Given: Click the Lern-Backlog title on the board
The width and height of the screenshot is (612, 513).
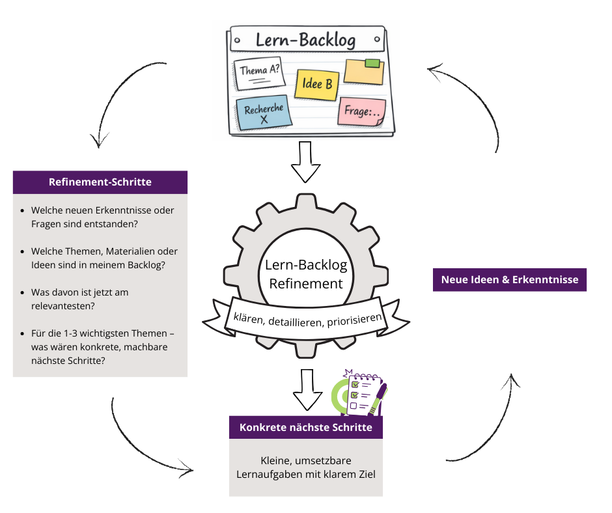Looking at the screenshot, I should (x=305, y=41).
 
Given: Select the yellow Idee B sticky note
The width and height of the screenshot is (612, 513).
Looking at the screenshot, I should (x=316, y=85).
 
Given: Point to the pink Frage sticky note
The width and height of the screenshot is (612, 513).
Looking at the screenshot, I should (x=361, y=112).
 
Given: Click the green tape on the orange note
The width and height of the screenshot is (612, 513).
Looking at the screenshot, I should (x=372, y=63).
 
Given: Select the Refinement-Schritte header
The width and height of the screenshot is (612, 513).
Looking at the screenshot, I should (x=100, y=182).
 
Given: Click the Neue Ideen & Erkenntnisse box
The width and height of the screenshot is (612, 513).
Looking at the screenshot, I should (x=510, y=280).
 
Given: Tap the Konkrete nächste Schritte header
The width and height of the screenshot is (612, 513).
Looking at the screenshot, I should (x=306, y=427).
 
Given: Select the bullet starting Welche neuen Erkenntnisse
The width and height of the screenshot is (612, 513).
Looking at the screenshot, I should (x=102, y=217).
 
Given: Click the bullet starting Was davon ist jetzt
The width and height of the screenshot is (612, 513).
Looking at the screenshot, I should (x=79, y=299).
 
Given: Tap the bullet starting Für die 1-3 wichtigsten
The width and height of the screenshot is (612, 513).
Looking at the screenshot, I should (x=102, y=347).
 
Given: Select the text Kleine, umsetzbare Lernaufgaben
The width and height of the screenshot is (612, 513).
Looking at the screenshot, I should (x=306, y=467).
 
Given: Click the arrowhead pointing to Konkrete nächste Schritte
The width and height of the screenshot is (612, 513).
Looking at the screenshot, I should (x=188, y=469).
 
